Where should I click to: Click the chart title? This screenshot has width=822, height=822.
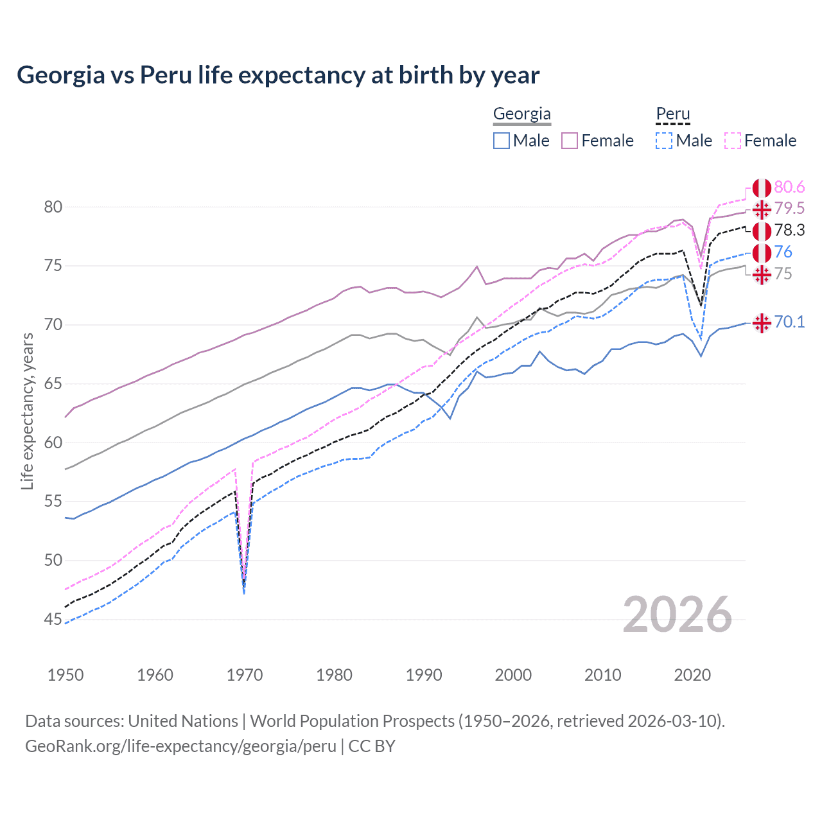(x=277, y=75)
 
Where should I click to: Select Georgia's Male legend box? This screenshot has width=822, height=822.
(x=502, y=141)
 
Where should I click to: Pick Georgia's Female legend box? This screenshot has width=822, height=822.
(x=570, y=141)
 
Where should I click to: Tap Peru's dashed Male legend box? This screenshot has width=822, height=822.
(x=664, y=141)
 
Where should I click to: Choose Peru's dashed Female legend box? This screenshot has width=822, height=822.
(x=733, y=141)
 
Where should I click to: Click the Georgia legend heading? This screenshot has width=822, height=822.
(x=521, y=114)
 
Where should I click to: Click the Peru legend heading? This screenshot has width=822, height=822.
(x=672, y=114)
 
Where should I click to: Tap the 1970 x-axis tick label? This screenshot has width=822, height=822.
(x=245, y=675)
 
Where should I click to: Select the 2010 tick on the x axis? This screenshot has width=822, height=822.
(x=602, y=675)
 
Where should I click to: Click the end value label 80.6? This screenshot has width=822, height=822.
(x=789, y=187)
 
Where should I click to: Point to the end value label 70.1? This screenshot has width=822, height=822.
(x=789, y=322)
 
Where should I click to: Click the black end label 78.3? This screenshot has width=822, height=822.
(x=789, y=230)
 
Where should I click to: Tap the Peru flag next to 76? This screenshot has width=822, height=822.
(x=762, y=252)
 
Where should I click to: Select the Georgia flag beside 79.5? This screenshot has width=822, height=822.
(x=762, y=209)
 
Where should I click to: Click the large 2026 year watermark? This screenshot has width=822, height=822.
(x=677, y=615)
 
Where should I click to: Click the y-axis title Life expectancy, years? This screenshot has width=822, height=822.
(x=27, y=411)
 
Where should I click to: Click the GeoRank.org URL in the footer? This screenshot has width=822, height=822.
(x=180, y=746)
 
